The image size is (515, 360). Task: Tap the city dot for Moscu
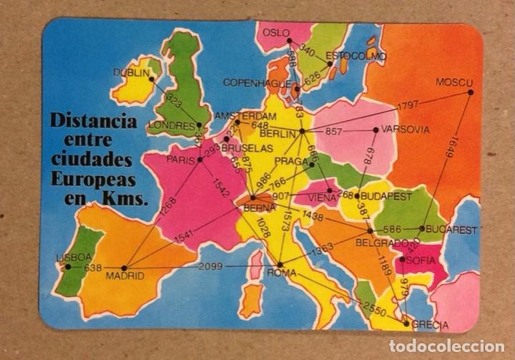pos(470,92)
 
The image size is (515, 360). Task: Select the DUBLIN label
pos(130,72)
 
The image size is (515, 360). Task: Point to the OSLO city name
pos(277,32)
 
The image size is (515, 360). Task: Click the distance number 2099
pos(211,266)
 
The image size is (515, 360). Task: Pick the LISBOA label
pos(74,257)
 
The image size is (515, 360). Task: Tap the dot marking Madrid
pos(124,268)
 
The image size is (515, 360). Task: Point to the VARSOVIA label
pos(406,130)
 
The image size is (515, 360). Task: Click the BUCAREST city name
pos(452,230)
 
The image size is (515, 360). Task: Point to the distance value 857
pos(334,131)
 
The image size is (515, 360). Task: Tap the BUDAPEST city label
pos(386,195)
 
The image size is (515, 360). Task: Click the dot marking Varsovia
pos(376,130)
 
